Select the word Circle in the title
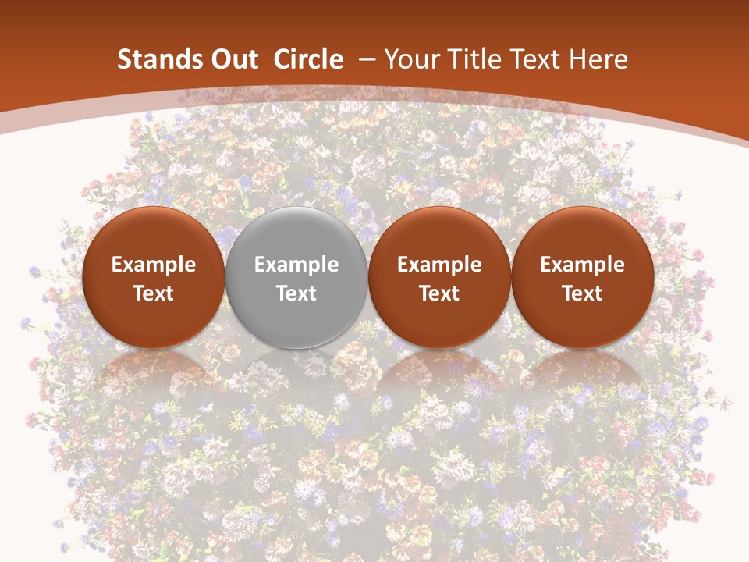(308, 59)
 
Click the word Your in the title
(414, 59)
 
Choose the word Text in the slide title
(539, 59)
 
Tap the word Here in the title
(599, 59)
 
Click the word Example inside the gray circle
(296, 265)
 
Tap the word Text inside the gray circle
(296, 293)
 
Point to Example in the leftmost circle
(154, 265)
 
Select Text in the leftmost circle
(154, 293)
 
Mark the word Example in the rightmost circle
(582, 265)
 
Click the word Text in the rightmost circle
(582, 293)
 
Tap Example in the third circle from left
(439, 265)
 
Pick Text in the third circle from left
(439, 293)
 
